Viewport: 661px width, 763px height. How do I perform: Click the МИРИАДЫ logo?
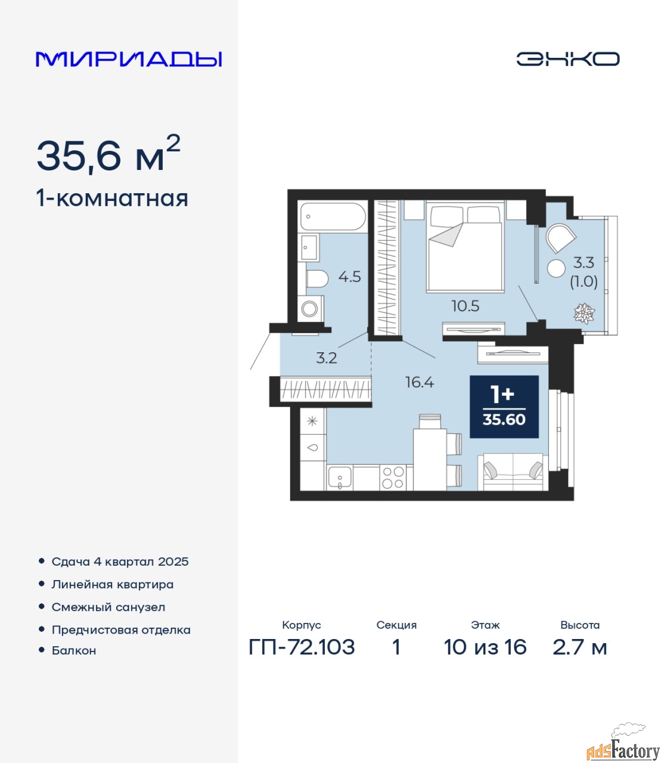point(129,59)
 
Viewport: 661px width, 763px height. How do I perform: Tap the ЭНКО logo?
point(567,59)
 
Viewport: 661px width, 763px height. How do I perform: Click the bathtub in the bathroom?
point(333,217)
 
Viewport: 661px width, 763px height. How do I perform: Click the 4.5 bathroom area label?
point(349,277)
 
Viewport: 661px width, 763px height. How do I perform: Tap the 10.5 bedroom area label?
point(466,306)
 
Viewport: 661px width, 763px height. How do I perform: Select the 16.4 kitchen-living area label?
point(420,381)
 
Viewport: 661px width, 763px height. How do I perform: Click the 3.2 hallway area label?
point(326,358)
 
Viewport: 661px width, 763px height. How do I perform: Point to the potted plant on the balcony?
point(584,314)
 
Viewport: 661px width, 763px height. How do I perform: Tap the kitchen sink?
point(340,477)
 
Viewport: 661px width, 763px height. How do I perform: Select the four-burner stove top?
point(393,477)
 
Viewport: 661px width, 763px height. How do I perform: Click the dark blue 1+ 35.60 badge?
point(504,407)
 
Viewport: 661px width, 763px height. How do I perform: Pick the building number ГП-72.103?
point(302,647)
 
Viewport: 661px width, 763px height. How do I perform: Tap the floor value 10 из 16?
point(485,647)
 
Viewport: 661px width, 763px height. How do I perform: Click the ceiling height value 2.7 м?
point(579,647)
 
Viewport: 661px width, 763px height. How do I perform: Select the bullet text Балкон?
point(74,650)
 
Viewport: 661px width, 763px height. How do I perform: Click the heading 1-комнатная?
point(112,198)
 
